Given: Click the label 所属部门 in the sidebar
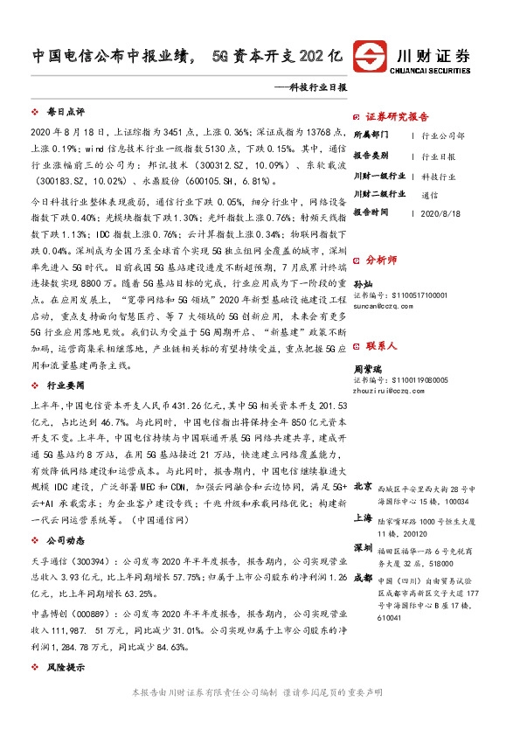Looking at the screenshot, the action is (x=369, y=136).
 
